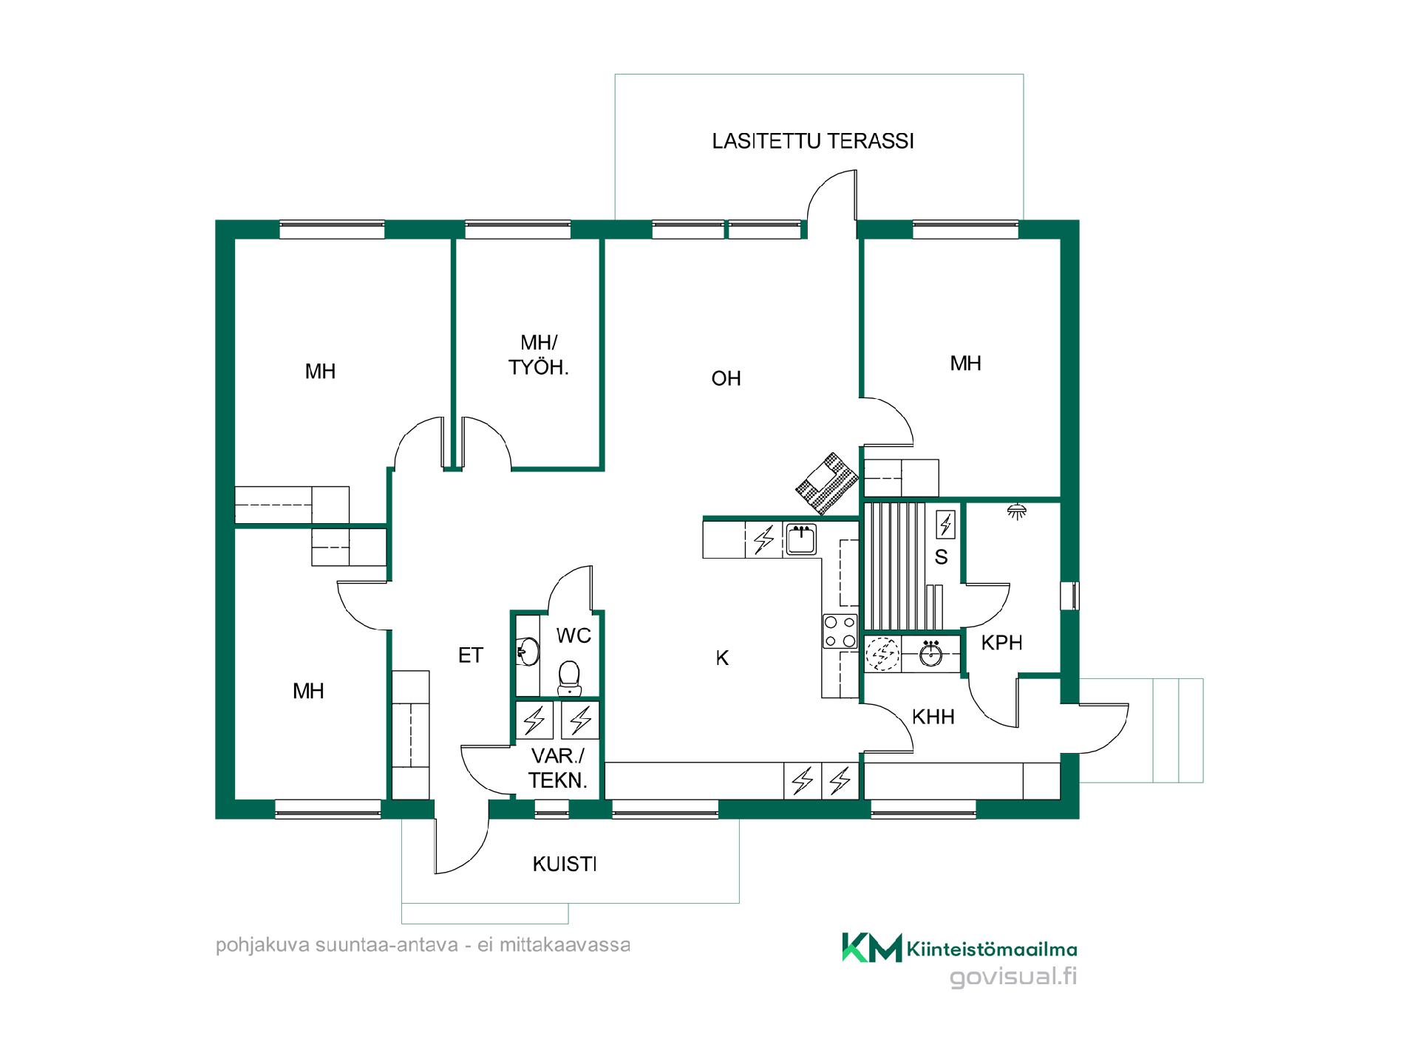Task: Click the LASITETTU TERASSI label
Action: (x=813, y=141)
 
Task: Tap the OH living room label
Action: (x=726, y=378)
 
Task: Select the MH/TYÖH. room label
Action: (x=539, y=355)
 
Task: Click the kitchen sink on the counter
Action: (x=801, y=539)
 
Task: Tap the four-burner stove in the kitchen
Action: (x=840, y=632)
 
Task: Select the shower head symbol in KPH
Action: (x=1019, y=511)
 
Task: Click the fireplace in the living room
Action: (x=827, y=483)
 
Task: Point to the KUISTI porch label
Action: (x=565, y=864)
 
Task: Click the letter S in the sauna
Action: (x=941, y=557)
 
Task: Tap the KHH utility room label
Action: (x=933, y=717)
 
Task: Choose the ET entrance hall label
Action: (x=471, y=655)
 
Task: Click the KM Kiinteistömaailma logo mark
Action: (x=872, y=947)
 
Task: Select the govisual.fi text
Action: (x=1013, y=977)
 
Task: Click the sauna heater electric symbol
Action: (x=945, y=524)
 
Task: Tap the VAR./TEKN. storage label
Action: (x=558, y=768)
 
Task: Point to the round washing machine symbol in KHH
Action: (x=883, y=654)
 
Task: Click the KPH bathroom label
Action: (x=1001, y=643)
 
